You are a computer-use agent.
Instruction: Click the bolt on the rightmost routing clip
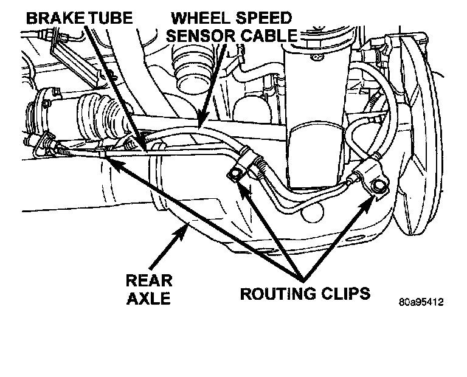click(x=379, y=186)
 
